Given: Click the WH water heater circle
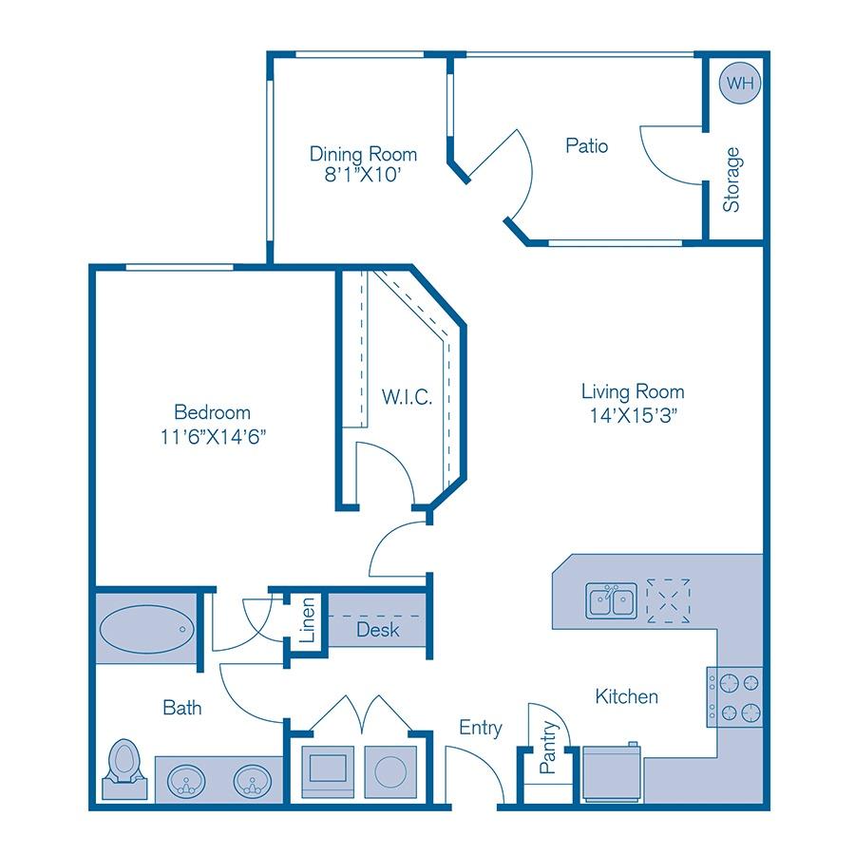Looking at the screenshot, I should click(740, 84).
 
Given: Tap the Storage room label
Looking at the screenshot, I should click(731, 180).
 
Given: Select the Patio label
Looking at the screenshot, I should click(586, 146).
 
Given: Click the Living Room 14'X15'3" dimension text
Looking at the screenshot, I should click(633, 414).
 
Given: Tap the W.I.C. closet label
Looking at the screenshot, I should click(408, 397).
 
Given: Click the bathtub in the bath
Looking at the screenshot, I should click(146, 630).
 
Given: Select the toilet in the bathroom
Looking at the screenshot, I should click(124, 766).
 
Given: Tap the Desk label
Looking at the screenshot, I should click(377, 630).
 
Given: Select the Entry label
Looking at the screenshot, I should click(480, 728).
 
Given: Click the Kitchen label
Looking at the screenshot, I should click(626, 696).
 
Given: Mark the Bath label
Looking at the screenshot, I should click(181, 708).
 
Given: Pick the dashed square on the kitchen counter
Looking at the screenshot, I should click(668, 600).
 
